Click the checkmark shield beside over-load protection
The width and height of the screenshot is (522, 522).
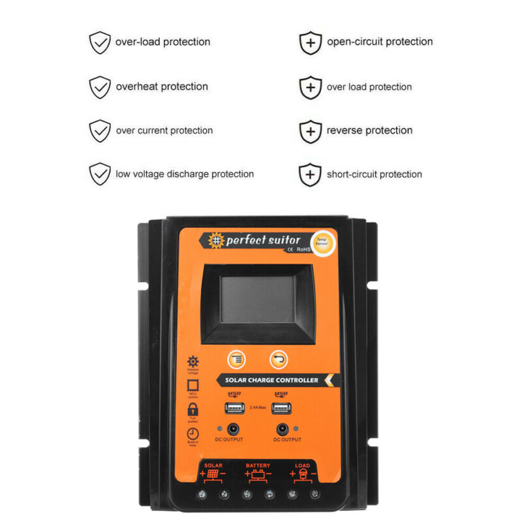click(100, 42)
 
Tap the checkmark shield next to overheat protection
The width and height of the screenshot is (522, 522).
click(100, 87)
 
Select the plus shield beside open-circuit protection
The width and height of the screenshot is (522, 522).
click(311, 42)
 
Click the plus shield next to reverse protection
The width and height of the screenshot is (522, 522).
click(311, 131)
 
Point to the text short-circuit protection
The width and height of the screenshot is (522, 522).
click(374, 174)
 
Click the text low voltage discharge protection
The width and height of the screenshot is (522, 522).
click(185, 174)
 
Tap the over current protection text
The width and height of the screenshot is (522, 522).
click(164, 130)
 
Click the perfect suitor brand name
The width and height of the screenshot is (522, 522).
click(263, 240)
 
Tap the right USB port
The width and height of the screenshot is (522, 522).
click(282, 408)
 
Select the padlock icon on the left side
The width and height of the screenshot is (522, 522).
click(192, 409)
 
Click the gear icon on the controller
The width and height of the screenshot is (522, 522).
click(193, 361)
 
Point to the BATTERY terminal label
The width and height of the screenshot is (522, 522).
click(258, 466)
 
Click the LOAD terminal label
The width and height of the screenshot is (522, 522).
click(303, 466)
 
